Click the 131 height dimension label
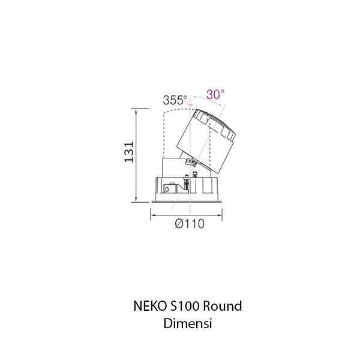[127, 155]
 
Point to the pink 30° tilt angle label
[215, 94]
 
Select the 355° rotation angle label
[175, 100]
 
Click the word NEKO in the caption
[146, 307]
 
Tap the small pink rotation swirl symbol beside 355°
[191, 103]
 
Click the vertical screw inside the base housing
[187, 184]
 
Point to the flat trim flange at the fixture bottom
[187, 202]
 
